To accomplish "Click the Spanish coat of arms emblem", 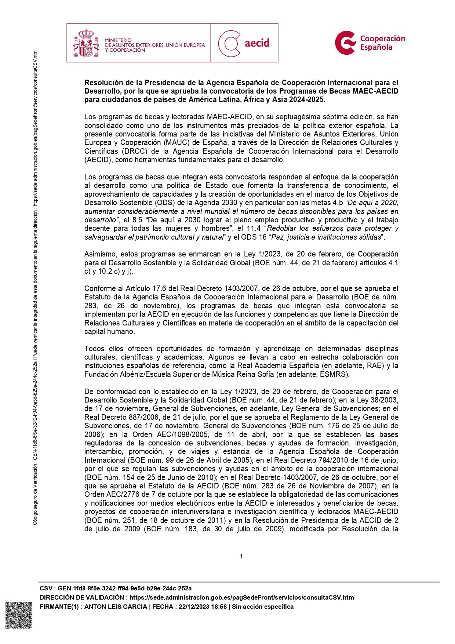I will (x=86, y=43).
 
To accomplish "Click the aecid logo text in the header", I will (x=257, y=43).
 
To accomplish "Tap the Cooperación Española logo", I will (x=370, y=43).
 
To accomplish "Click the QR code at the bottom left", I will (x=18, y=615).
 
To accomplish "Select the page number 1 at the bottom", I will (x=241, y=556).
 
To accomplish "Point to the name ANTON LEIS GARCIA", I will (x=116, y=607).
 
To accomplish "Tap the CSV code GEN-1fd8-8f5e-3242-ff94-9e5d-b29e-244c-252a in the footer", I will (x=124, y=588).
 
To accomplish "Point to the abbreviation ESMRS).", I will (x=336, y=374).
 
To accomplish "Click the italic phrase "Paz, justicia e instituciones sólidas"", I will (x=326, y=237).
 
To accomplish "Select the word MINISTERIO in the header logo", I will (x=118, y=40).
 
